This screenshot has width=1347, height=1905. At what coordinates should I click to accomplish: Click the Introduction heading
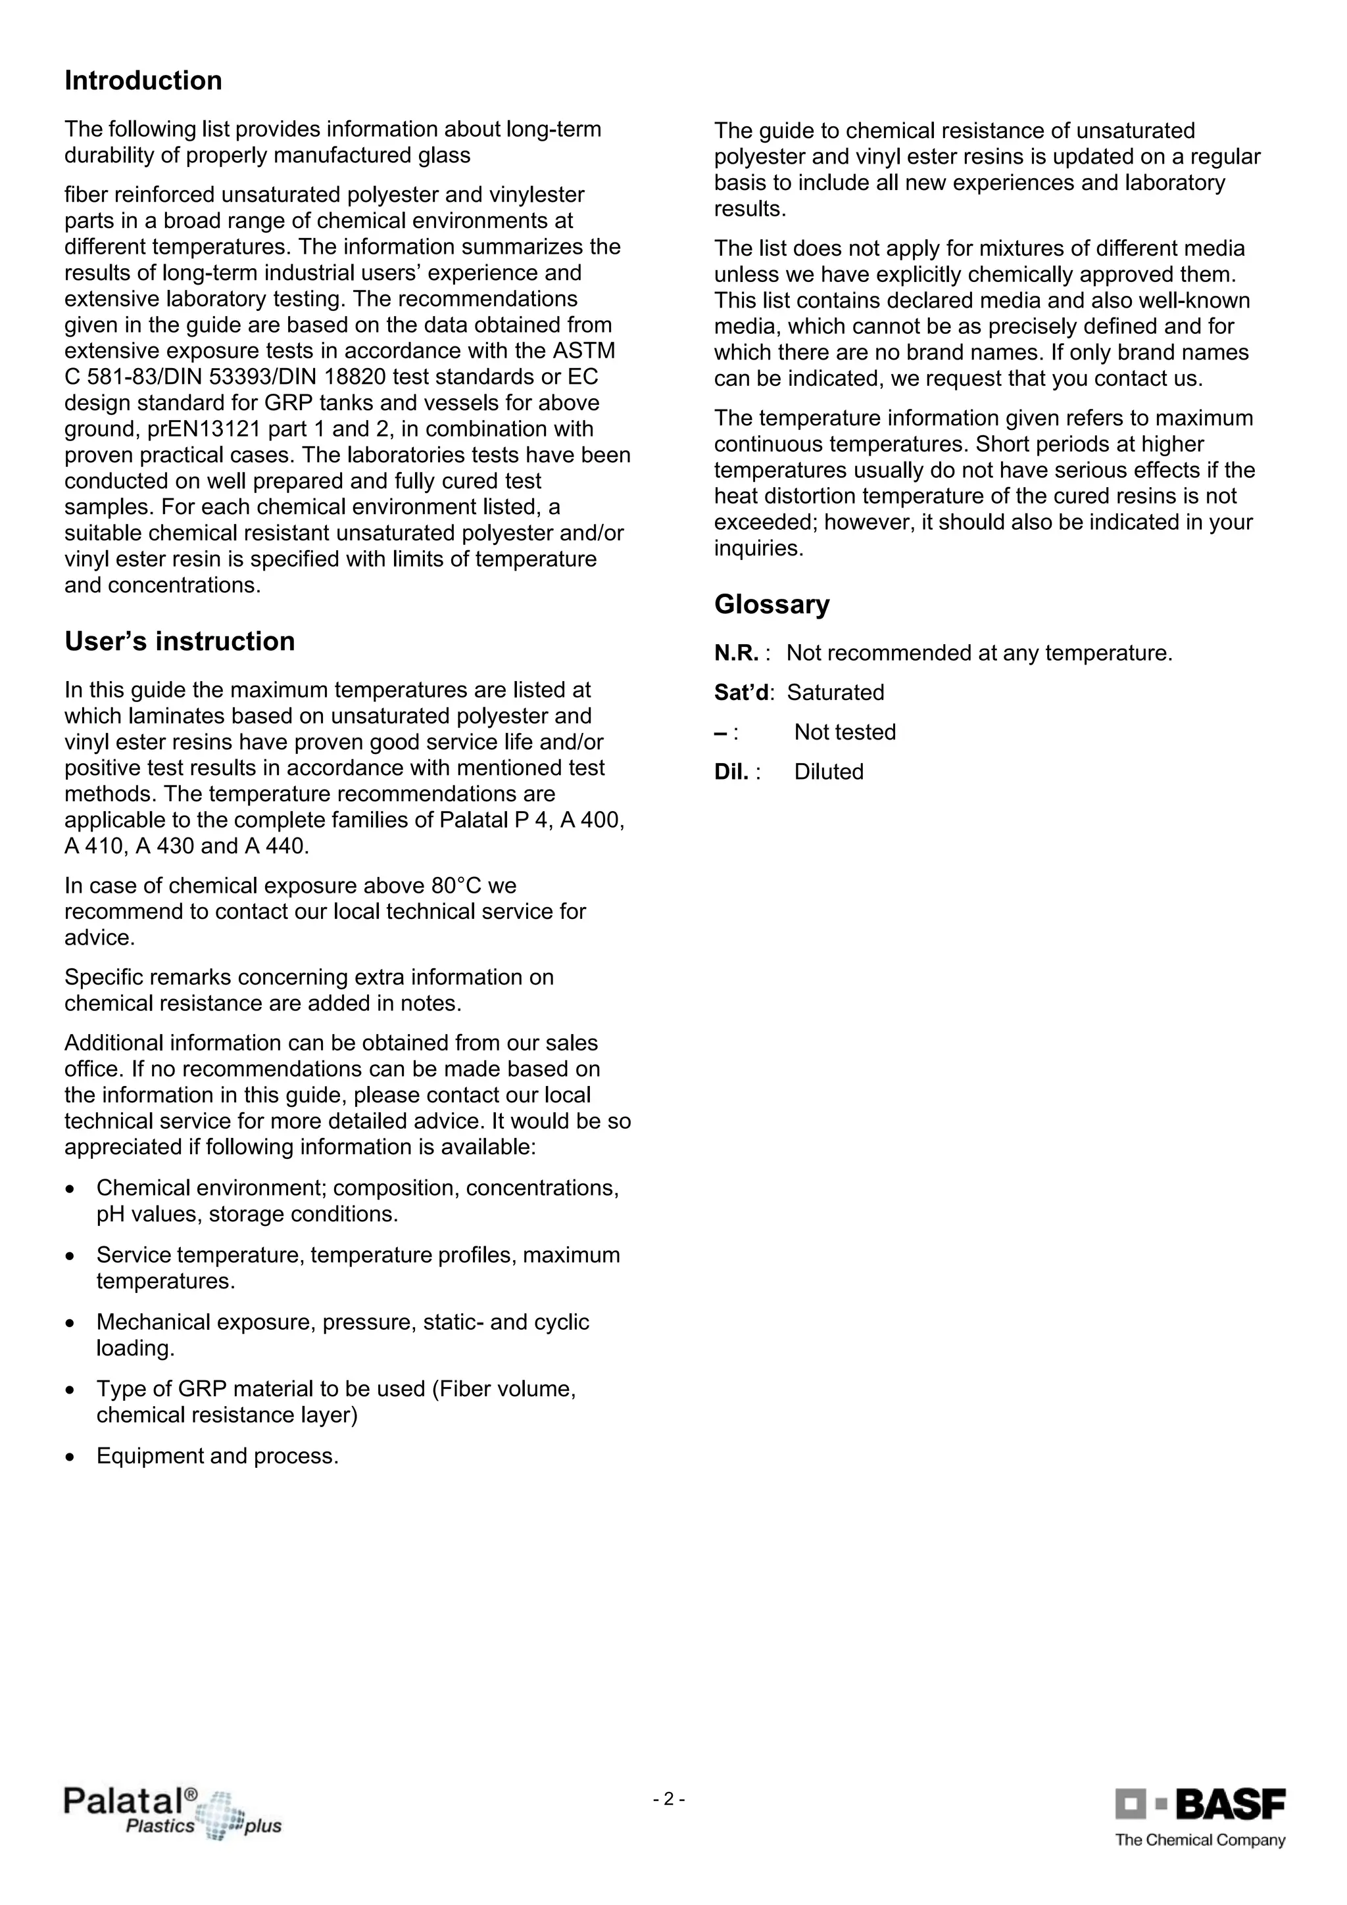(x=143, y=80)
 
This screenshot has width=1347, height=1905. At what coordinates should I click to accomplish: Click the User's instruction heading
(x=180, y=642)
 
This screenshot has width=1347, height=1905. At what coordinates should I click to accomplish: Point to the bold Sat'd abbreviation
(x=741, y=692)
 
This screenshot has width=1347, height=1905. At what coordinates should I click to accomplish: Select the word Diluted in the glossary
(x=828, y=772)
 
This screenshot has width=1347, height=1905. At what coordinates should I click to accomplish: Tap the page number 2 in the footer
(x=668, y=1800)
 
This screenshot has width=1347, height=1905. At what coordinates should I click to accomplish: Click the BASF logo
(x=1200, y=1804)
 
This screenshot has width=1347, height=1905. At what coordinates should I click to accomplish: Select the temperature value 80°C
(x=460, y=885)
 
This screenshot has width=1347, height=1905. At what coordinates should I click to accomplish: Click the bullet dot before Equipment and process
(x=70, y=1456)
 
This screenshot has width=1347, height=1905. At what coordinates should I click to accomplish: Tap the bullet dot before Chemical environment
(x=70, y=1188)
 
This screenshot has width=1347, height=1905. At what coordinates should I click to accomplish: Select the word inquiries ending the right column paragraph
(x=757, y=548)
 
